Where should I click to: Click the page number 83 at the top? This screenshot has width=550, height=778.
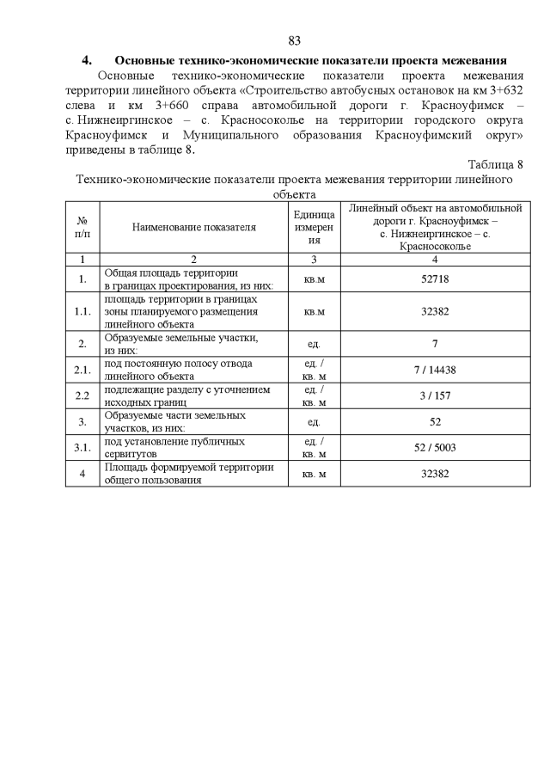[x=294, y=41]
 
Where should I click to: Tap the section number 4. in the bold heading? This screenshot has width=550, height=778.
[x=87, y=60]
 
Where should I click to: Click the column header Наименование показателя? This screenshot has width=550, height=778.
[x=194, y=227]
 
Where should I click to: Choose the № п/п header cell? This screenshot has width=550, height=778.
[x=82, y=227]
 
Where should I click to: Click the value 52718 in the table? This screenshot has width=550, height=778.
[x=435, y=279]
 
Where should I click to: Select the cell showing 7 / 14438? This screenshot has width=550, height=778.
[x=435, y=369]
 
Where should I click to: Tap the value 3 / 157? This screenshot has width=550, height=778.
[x=435, y=395]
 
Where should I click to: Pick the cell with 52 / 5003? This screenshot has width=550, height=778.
[x=435, y=447]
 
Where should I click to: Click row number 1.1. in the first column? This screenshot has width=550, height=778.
[x=82, y=311]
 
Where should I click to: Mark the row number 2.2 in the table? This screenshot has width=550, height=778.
[x=82, y=395]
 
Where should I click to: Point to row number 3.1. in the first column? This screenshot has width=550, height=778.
[x=82, y=447]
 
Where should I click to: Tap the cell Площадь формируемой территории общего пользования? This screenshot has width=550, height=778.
[x=189, y=474]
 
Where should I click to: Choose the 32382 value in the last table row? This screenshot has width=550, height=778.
[x=435, y=474]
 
